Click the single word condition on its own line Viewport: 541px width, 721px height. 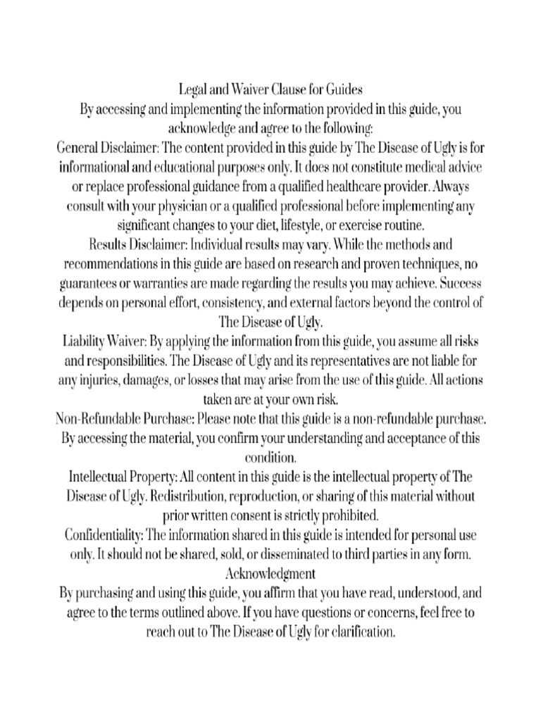270,456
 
